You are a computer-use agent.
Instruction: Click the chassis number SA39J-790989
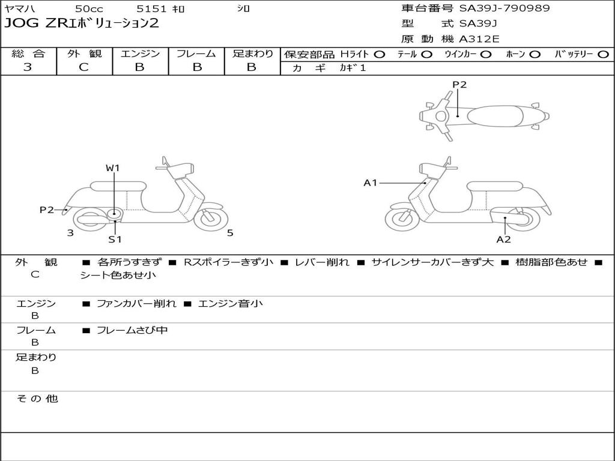[504, 8]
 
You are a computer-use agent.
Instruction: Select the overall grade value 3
[28, 67]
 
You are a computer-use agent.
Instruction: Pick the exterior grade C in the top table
[83, 67]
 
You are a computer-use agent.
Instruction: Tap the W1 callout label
[113, 168]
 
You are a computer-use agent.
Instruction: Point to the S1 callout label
[115, 240]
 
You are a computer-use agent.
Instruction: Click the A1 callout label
[371, 182]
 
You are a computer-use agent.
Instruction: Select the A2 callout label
[503, 240]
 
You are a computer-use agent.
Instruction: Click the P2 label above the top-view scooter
[459, 85]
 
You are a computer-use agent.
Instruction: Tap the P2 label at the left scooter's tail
[47, 209]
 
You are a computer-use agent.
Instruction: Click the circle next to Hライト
[379, 54]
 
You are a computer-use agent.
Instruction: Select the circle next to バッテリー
[603, 54]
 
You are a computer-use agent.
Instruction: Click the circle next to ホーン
[535, 54]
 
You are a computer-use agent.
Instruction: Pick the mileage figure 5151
[151, 8]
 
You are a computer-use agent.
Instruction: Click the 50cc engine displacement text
[88, 8]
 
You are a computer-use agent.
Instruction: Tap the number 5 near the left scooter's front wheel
[230, 233]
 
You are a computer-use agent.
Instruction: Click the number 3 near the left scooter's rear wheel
[70, 233]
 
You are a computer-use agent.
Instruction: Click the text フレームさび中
[132, 330]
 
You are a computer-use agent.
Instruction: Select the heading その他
[37, 399]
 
